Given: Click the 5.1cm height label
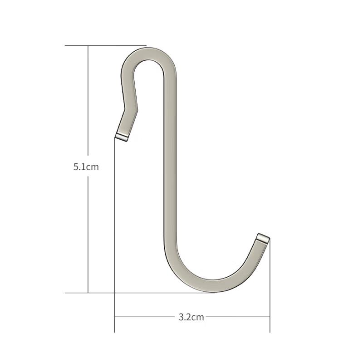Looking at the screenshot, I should (86, 167).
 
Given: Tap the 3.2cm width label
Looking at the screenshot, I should (191, 317).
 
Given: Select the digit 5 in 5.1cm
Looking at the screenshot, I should (76, 167).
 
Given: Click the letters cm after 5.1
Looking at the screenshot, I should (93, 167).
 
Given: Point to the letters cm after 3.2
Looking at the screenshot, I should (198, 317).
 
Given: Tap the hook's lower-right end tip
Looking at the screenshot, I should (263, 237).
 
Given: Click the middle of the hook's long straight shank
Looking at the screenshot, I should (170, 168).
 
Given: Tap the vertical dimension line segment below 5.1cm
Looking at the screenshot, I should (88, 231).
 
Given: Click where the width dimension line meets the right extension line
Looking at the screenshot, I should (270, 317).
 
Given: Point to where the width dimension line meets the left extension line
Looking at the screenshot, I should (114, 317).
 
